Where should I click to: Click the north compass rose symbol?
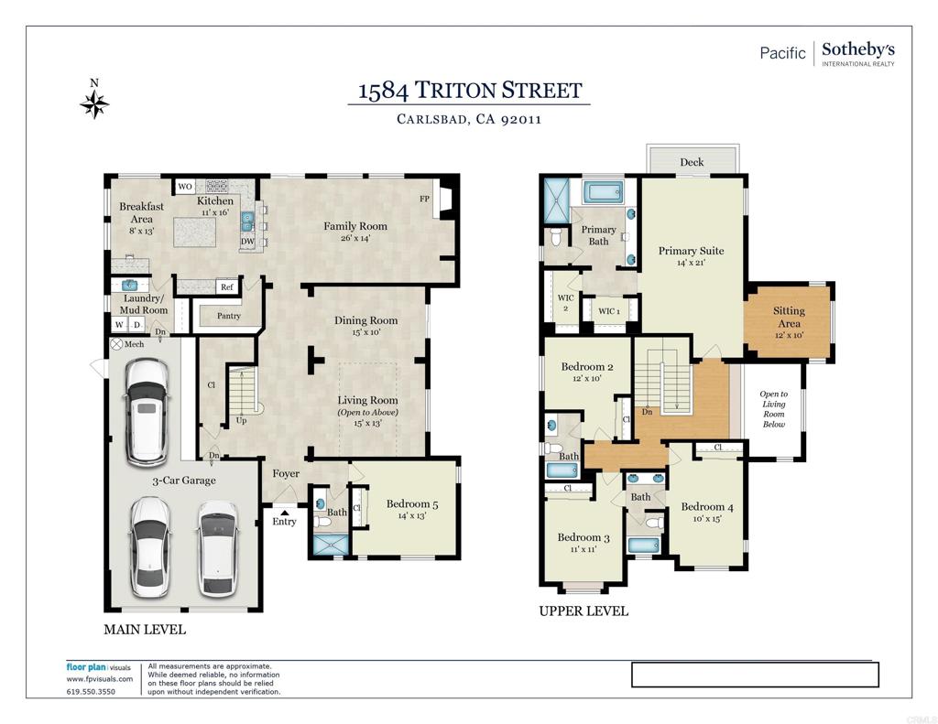pyautogui.click(x=94, y=105)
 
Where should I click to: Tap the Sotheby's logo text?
pyautogui.click(x=857, y=49)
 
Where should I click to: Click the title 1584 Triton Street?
pyautogui.click(x=470, y=91)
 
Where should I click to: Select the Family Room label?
pyautogui.click(x=355, y=226)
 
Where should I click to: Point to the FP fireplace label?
pyautogui.click(x=424, y=199)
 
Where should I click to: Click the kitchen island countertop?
pyautogui.click(x=195, y=232)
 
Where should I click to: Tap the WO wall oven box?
pyautogui.click(x=185, y=186)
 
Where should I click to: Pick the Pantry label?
pyautogui.click(x=228, y=316)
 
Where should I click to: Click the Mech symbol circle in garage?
pyautogui.click(x=116, y=344)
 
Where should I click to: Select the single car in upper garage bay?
pyautogui.click(x=147, y=412)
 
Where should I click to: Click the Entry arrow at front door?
pyautogui.click(x=285, y=512)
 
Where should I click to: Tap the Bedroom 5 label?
pyautogui.click(x=412, y=504)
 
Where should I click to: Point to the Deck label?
pyautogui.click(x=692, y=162)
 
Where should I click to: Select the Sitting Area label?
pyautogui.click(x=789, y=317)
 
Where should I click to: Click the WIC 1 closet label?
pyautogui.click(x=609, y=311)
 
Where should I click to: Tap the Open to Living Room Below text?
pyautogui.click(x=773, y=409)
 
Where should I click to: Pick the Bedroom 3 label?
pyautogui.click(x=584, y=537)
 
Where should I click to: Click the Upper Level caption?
pyautogui.click(x=584, y=611)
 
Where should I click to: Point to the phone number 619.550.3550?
pyautogui.click(x=91, y=692)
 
